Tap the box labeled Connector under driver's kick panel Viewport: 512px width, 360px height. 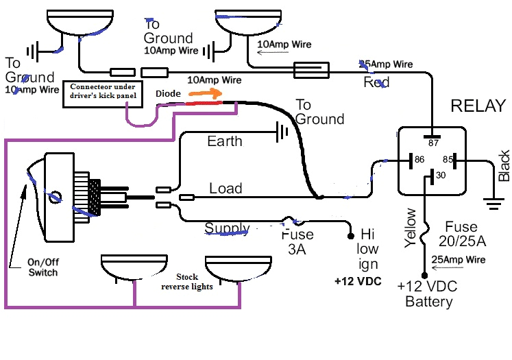point(103,93)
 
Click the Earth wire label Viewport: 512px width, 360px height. point(225,141)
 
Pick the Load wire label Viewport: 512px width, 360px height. point(226,189)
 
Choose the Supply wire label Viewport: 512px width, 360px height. point(227,228)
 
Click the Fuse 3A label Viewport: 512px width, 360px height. point(298,242)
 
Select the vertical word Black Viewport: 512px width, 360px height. point(504,165)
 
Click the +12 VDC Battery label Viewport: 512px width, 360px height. point(429,294)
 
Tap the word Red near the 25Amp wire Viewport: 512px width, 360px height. point(376,82)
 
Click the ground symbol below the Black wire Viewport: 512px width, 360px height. point(489,202)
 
